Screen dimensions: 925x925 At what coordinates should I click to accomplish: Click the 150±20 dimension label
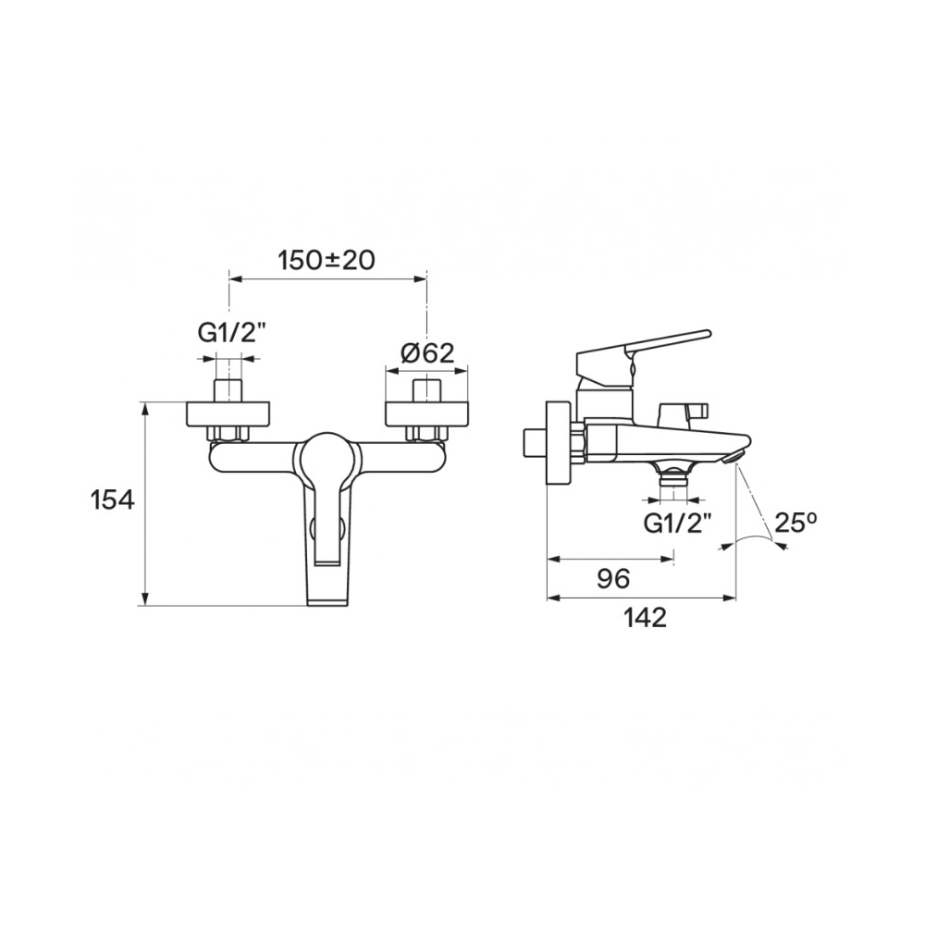(x=327, y=260)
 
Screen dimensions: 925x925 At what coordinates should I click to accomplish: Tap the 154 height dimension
(x=113, y=500)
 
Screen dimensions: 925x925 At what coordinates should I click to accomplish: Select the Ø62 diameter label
(x=427, y=352)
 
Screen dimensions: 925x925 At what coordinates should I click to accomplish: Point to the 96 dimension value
(x=613, y=579)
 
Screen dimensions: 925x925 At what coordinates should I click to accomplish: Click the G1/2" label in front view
(x=228, y=334)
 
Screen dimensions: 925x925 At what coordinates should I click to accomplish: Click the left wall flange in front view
(x=228, y=414)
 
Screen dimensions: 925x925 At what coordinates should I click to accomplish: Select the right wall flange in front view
(x=426, y=414)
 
